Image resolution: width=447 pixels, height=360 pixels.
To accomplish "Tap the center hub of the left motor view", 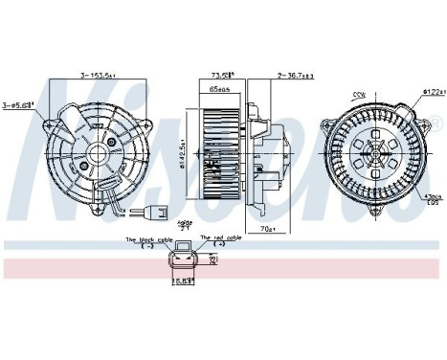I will click(97, 153).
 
